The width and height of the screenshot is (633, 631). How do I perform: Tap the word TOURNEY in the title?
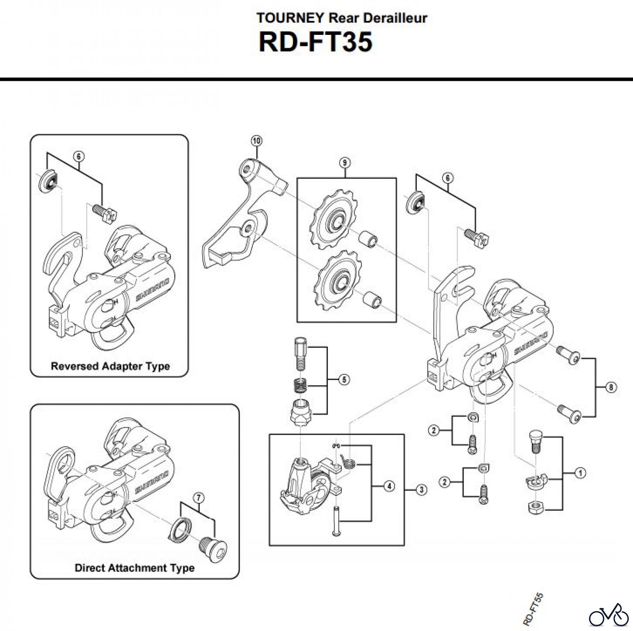tap(290, 18)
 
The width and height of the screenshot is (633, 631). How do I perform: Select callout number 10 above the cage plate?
tap(256, 141)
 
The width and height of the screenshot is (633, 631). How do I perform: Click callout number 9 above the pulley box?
tap(345, 163)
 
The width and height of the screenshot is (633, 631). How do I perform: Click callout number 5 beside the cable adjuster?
tap(344, 380)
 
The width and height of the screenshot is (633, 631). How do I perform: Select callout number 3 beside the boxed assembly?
tap(422, 490)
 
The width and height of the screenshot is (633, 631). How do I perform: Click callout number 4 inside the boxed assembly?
tap(389, 486)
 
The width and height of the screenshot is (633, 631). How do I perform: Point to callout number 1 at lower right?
tap(580, 473)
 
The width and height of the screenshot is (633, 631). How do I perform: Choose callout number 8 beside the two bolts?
tap(611, 387)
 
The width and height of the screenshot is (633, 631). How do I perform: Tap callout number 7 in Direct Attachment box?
tap(199, 498)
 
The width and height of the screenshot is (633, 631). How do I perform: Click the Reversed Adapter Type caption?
tap(110, 366)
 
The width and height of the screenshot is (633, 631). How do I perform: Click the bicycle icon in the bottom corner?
tap(609, 616)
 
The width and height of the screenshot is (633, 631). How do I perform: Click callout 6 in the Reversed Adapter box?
tap(79, 156)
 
